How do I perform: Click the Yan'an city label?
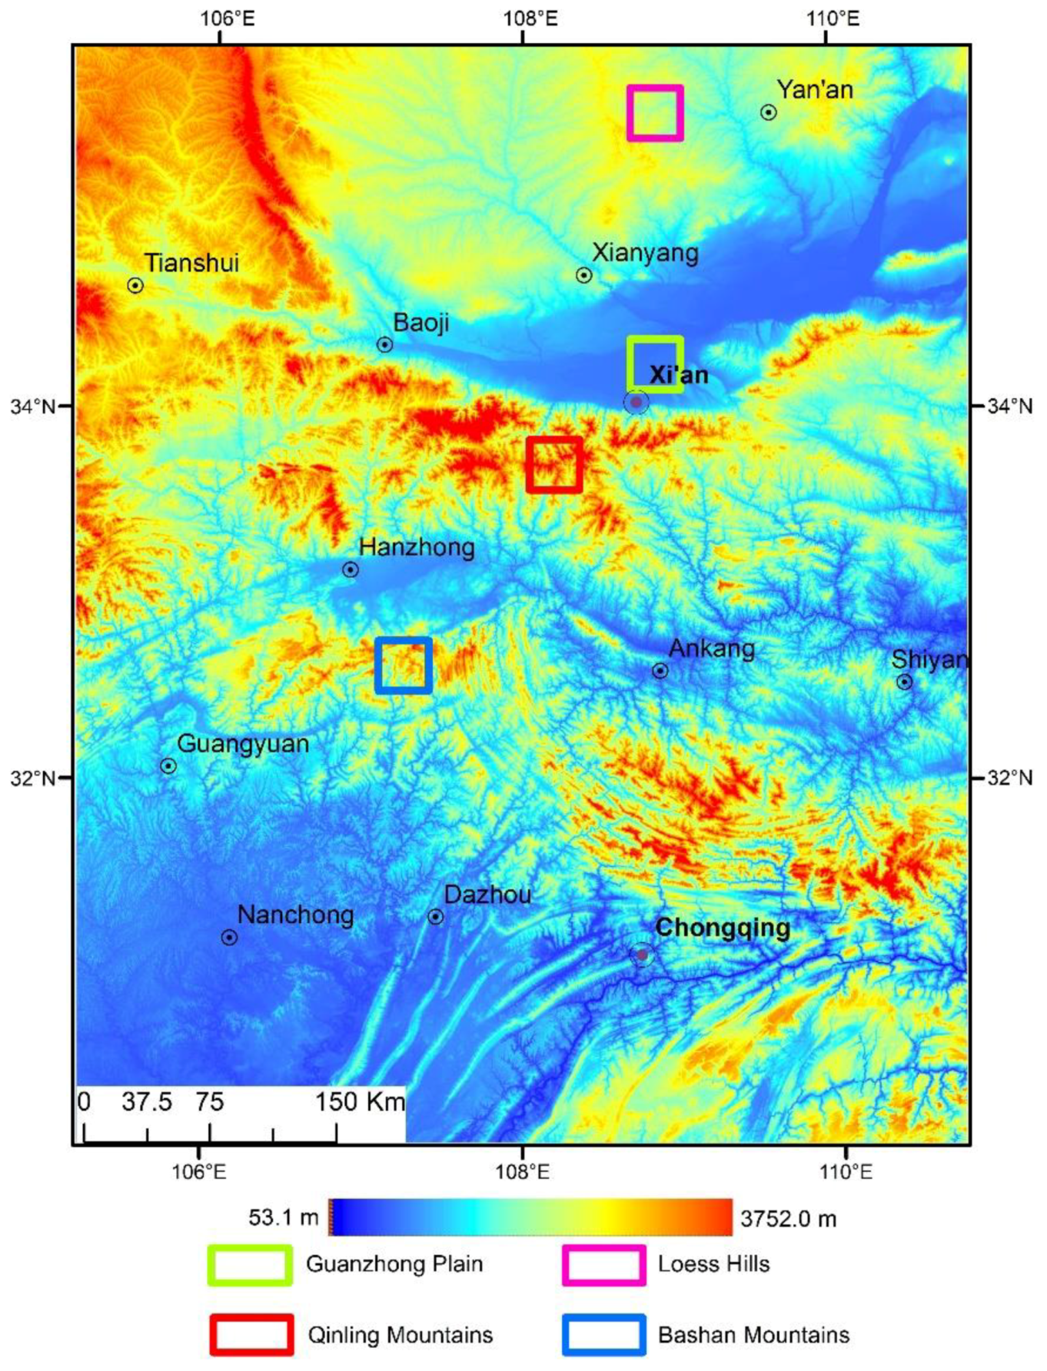[x=814, y=90]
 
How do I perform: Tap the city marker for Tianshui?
[x=135, y=286]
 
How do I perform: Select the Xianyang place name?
[x=645, y=253]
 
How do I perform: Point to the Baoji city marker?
[x=385, y=344]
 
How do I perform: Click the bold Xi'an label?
[x=679, y=375]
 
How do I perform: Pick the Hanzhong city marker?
[x=351, y=569]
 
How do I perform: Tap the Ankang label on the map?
[x=712, y=649]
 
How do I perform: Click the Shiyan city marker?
[x=905, y=682]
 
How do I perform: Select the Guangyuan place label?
[x=243, y=744]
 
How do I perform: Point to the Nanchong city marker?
[x=229, y=938]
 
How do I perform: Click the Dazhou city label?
[x=487, y=895]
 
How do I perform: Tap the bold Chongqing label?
[x=722, y=928]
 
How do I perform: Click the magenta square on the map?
[x=655, y=113]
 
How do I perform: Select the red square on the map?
[x=554, y=464]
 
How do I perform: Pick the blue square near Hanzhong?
[x=404, y=666]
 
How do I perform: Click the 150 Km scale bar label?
[x=360, y=1102]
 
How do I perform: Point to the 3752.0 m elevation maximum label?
[x=788, y=1219]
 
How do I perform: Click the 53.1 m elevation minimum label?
[x=283, y=1217]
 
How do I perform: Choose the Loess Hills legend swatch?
[x=603, y=1265]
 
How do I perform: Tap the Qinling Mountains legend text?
[x=400, y=1335]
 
